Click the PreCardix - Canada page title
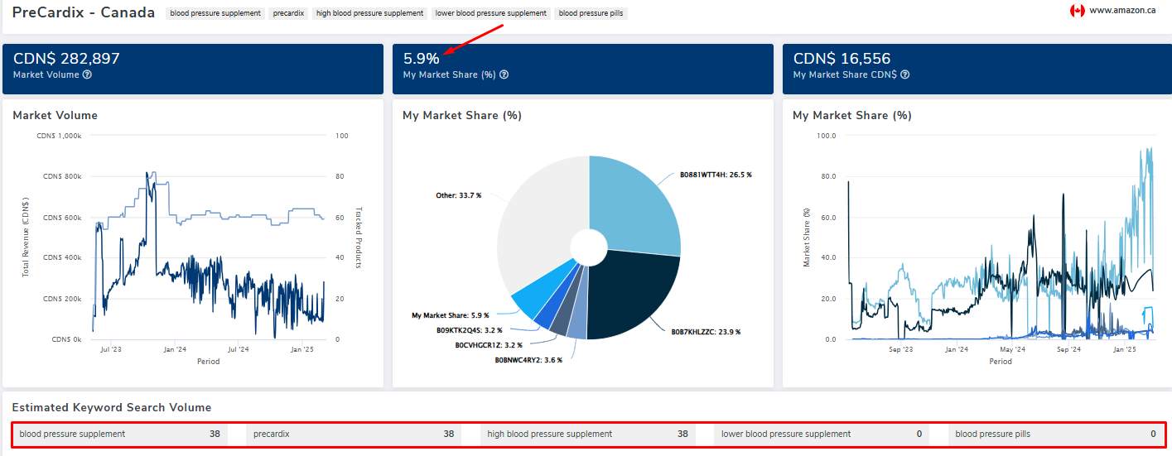pos(83,12)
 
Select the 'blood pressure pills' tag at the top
pos(591,13)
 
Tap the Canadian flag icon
pos(1077,11)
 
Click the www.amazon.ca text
pos(1122,11)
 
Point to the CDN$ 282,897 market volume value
pos(66,59)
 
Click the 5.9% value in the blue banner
pos(421,59)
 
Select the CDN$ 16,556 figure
pos(842,59)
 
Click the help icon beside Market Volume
pos(87,74)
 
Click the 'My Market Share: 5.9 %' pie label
pos(450,315)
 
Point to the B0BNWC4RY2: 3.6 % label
pos(528,360)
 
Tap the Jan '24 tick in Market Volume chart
pos(174,350)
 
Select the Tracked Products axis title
pos(359,238)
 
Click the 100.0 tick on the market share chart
pos(826,136)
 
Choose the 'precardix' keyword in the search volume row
pos(272,434)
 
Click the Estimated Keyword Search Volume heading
pos(111,407)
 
